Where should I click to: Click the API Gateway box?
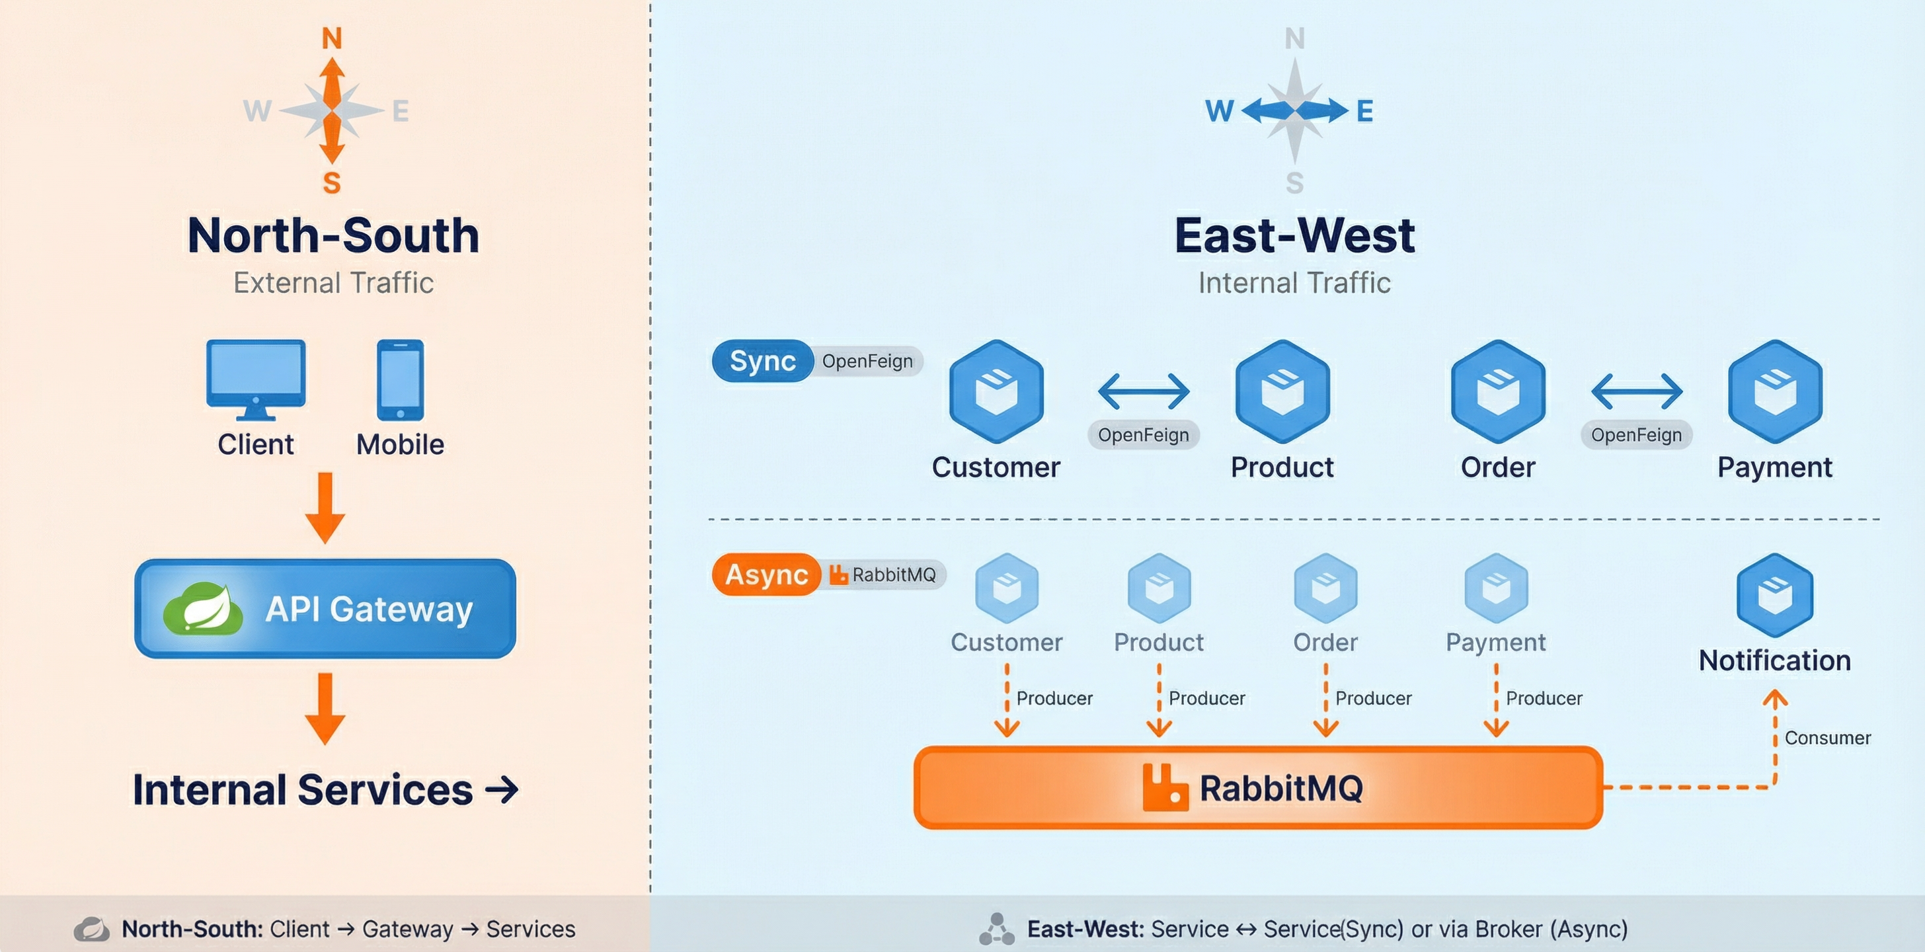click(x=325, y=608)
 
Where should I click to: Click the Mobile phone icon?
click(x=400, y=379)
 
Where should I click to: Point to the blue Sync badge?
click(x=762, y=361)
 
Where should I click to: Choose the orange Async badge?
click(x=766, y=575)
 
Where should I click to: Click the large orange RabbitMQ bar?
click(x=1258, y=787)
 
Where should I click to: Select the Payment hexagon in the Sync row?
click(x=1775, y=391)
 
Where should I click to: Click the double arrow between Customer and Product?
click(x=1144, y=391)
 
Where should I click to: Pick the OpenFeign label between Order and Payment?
click(x=1636, y=435)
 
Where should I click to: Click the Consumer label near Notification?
click(x=1827, y=738)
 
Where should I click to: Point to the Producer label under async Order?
click(x=1373, y=699)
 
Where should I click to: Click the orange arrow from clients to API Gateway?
click(x=325, y=508)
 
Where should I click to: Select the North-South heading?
click(x=333, y=235)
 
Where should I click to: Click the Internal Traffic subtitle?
click(x=1294, y=283)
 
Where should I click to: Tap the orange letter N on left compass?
click(x=332, y=38)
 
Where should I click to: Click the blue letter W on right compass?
click(x=1219, y=111)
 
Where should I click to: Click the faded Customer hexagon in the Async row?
click(x=1007, y=588)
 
